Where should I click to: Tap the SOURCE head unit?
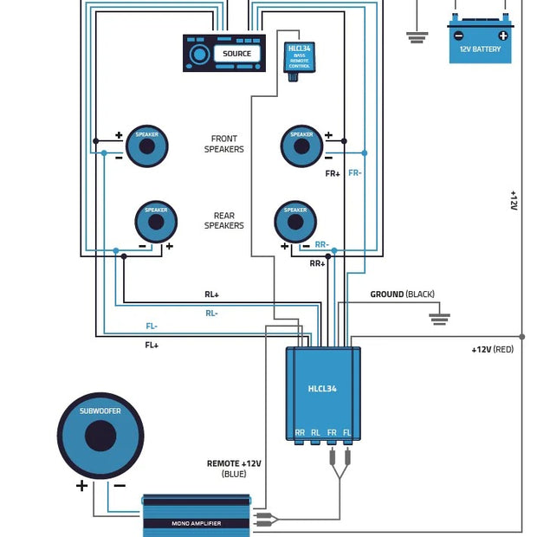223,54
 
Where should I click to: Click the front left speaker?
147,146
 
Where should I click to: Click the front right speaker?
301,146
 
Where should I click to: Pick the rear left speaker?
156,222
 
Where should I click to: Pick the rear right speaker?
295,222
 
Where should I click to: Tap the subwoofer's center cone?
100,436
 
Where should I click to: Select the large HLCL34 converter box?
323,392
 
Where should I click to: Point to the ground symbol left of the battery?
417,36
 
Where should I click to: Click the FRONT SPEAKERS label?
223,144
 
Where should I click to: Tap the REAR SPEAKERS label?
223,220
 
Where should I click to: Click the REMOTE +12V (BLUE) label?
234,469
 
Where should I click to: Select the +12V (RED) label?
493,349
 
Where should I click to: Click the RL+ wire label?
211,294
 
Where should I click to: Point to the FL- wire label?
152,327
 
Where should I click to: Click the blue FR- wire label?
355,173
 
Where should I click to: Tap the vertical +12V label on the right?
513,201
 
